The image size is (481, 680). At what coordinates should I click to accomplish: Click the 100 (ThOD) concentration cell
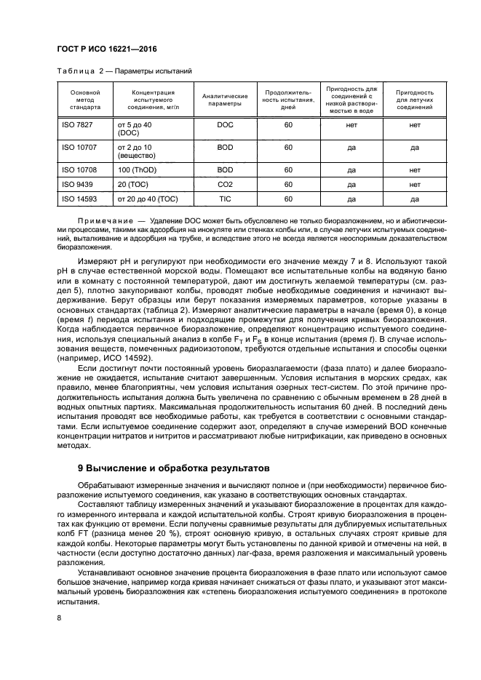point(138,169)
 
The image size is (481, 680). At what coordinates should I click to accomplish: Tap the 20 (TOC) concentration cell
point(133,184)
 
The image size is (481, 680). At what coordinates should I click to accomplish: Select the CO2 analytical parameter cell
point(225,184)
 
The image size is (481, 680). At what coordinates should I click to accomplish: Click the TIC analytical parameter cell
point(225,198)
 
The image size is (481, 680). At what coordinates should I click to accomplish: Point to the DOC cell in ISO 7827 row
point(225,125)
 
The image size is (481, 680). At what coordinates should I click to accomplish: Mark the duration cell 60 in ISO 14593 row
point(288,198)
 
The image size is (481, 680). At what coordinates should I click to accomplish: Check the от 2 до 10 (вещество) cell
point(137,151)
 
